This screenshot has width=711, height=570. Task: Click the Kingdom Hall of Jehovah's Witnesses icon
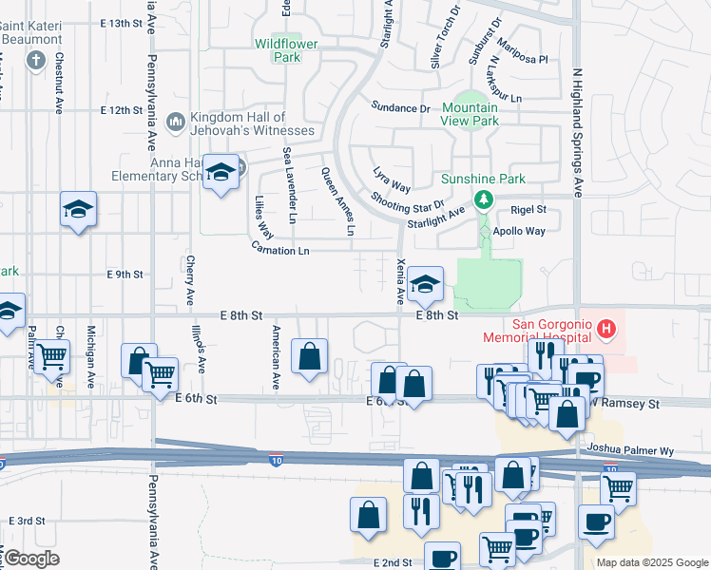[175, 121]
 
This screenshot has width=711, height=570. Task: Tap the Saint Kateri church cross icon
[36, 62]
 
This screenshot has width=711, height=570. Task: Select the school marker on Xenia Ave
[424, 283]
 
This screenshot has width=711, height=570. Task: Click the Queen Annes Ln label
[336, 201]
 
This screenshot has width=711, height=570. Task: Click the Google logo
[30, 559]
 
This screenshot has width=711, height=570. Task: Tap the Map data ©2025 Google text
[652, 562]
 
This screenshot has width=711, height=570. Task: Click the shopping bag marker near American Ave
[310, 357]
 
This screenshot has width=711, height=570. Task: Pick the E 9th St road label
[125, 275]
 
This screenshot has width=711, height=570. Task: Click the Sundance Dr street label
[400, 107]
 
